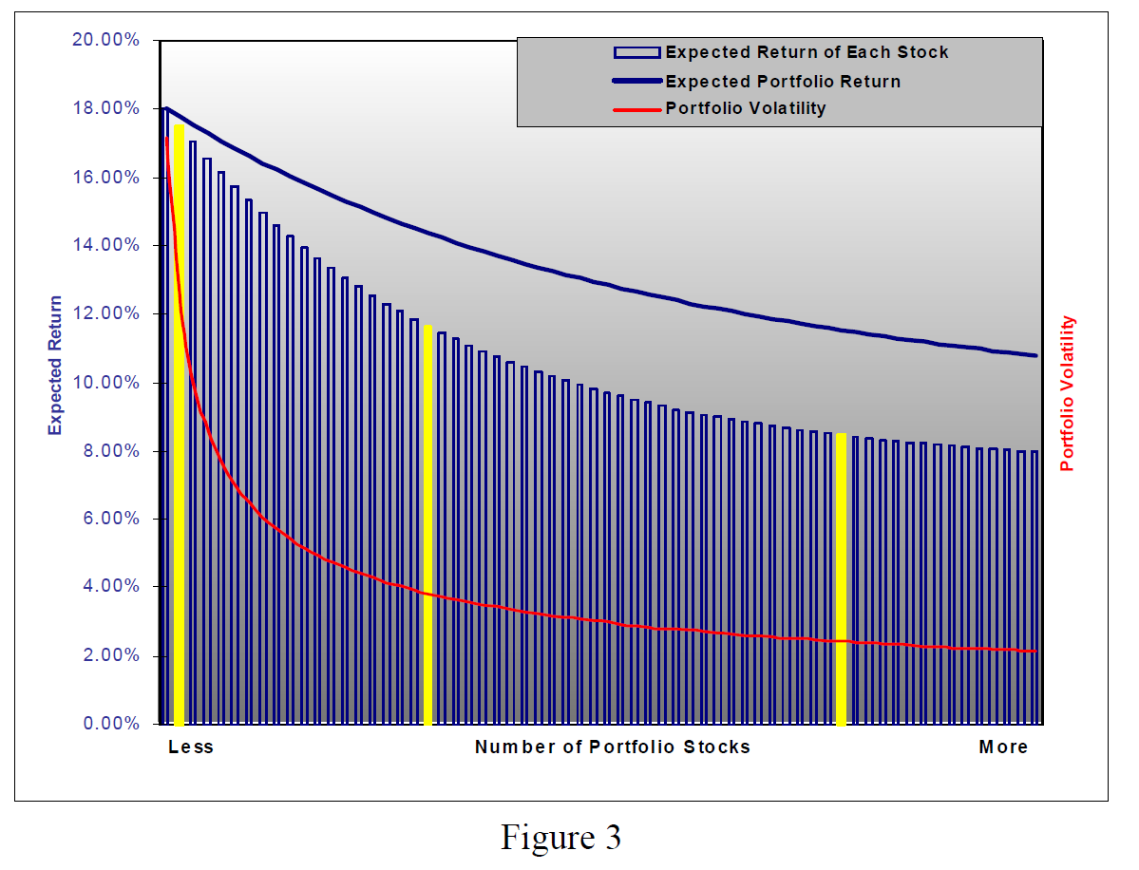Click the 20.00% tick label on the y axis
pos(106,40)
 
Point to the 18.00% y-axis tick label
pos(106,108)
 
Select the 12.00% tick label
pos(106,313)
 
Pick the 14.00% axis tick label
pos(106,245)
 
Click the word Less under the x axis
pos(191,747)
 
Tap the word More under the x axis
pos(1003,747)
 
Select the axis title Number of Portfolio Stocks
pos(613,747)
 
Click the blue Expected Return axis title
pos(56,366)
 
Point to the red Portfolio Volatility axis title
pos(1068,394)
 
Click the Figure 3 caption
pos(561,837)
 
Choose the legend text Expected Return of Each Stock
pos(807,52)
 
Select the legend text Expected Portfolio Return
pos(783,81)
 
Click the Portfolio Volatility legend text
pos(746,107)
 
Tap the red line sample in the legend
pos(636,108)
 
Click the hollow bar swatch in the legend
pos(636,52)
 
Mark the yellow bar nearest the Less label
pos(179,423)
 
